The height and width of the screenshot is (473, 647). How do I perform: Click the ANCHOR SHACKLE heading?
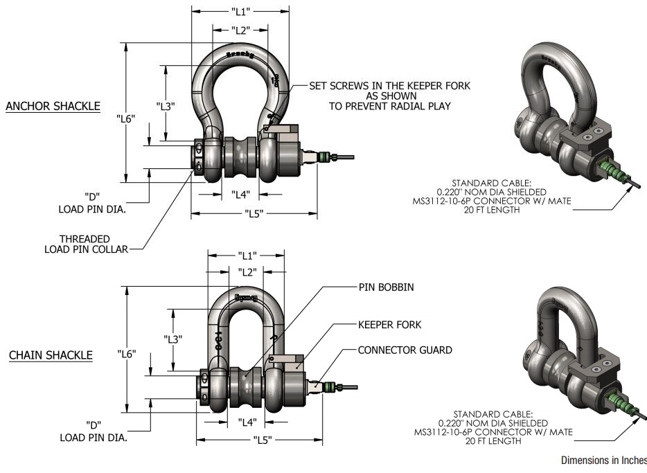pos(53,106)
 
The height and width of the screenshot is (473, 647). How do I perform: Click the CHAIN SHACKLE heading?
pos(51,355)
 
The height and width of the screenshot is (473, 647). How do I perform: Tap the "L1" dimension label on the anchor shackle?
pos(240,12)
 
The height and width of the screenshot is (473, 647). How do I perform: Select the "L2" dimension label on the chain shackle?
pos(247,270)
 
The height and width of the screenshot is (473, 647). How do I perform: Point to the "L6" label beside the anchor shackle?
pos(126,118)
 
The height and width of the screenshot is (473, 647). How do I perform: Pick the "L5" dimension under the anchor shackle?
pos(254,214)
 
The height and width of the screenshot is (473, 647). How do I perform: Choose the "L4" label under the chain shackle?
pos(247,422)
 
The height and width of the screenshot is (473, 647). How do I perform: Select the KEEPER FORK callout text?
pos(389,324)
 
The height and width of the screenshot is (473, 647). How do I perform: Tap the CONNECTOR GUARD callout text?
pos(405,350)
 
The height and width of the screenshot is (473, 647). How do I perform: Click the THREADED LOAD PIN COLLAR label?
pos(94,244)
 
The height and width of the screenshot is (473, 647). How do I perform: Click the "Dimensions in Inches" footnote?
pos(603,461)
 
